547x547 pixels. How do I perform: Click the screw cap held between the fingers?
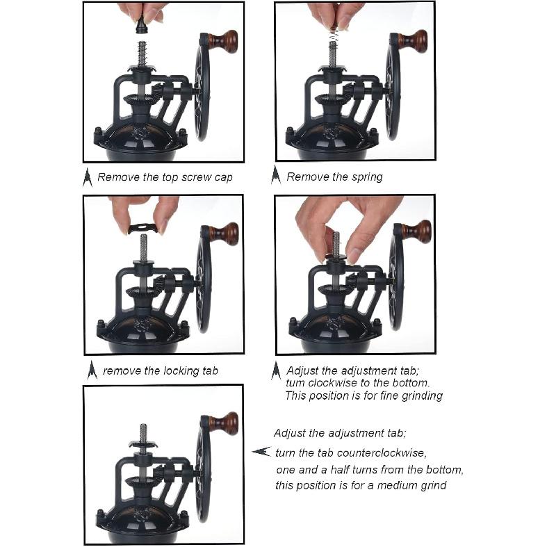142,24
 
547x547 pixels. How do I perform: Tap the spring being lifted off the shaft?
334,33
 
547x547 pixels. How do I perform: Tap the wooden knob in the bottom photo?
224,423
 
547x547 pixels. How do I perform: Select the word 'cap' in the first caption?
223,178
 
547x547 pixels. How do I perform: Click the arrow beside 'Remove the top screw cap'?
87,177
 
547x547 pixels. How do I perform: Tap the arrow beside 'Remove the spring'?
276,174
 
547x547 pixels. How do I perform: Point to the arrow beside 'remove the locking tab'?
92,370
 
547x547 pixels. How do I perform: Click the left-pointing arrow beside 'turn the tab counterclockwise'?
261,451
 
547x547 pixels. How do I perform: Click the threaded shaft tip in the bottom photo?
143,427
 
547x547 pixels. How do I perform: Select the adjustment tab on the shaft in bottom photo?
143,444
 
